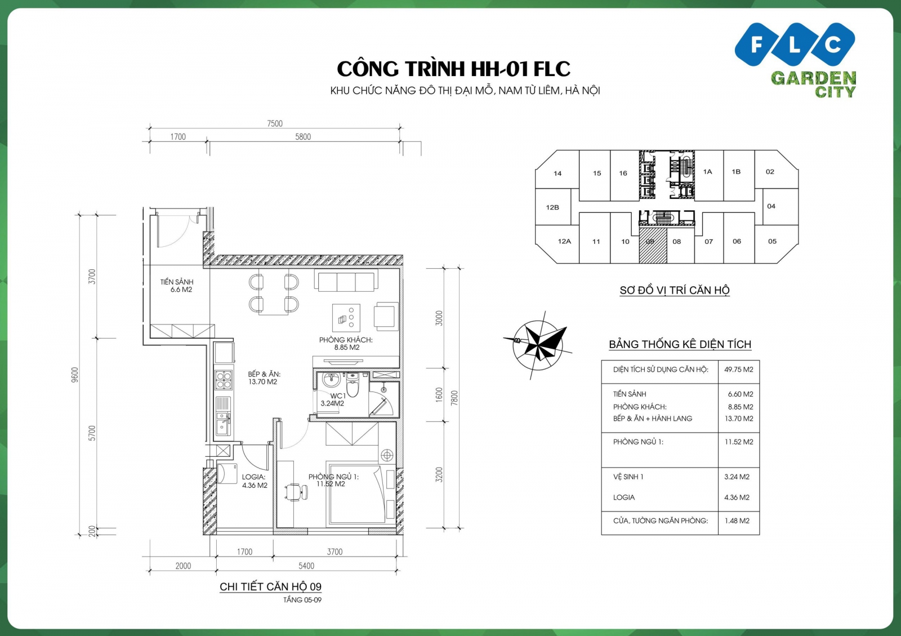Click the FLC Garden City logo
coord(795,59)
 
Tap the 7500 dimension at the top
coord(275,123)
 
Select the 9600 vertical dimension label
coord(75,375)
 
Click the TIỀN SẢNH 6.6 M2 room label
coord(177,286)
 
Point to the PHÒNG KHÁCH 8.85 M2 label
coord(346,344)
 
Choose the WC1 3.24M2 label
coord(333,399)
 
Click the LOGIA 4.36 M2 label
coord(254,481)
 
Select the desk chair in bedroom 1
coord(295,492)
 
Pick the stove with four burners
coord(224,380)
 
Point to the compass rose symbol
coord(538,342)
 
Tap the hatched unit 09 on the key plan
coord(653,246)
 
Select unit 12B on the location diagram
coord(552,207)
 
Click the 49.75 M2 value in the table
coord(738,370)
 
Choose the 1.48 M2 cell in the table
coord(737,521)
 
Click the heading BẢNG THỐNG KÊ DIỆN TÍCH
coord(680,344)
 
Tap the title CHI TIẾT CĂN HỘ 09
coord(270,586)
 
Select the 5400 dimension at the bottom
coord(306,566)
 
